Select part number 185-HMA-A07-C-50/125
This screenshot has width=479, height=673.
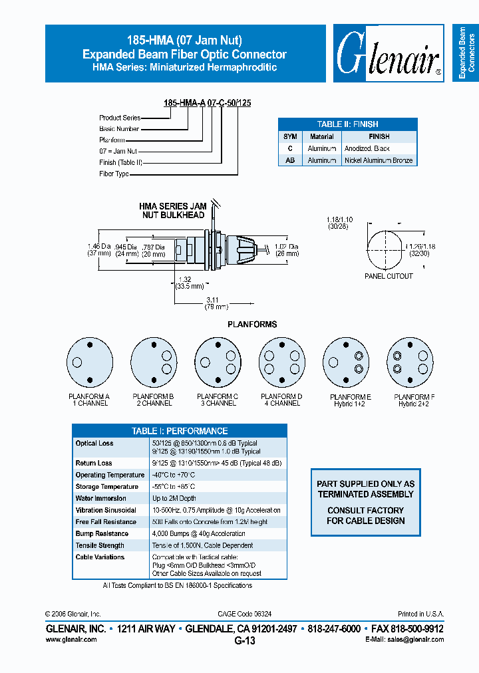pos(207,103)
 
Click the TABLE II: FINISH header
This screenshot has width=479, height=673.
pos(347,124)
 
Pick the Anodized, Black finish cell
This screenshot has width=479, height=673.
pos(367,148)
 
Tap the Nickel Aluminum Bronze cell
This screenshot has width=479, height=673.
pos(379,160)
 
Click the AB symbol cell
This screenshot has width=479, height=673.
pos(290,160)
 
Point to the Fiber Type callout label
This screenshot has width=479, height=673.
pos(114,174)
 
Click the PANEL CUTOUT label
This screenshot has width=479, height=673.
pos(389,276)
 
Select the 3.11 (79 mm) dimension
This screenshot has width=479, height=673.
pos(216,303)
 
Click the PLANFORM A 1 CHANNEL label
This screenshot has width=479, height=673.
pos(89,400)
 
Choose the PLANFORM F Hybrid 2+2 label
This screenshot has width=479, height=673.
pos(413,400)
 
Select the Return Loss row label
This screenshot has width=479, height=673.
pos(94,463)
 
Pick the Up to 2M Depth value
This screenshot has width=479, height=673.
pos(174,498)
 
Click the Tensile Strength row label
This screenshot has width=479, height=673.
pos(100,545)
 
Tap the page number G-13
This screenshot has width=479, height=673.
pos(244,641)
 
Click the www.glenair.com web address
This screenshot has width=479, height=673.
pos(71,639)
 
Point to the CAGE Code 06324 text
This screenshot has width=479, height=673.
pos(244,614)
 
